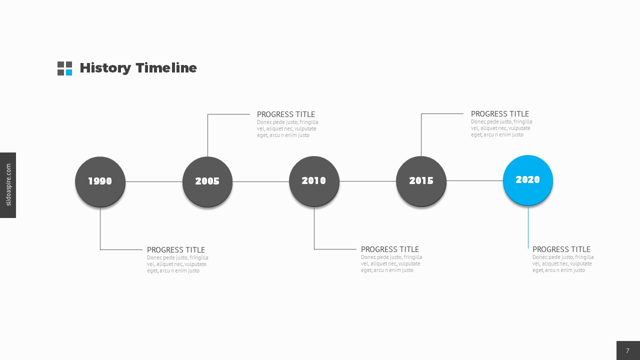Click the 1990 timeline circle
tap(100, 181)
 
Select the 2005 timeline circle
tap(207, 181)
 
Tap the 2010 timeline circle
tap(314, 181)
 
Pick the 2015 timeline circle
tap(421, 181)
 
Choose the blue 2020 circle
tap(528, 180)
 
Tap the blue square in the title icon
tap(68, 72)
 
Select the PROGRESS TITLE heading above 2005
tap(286, 114)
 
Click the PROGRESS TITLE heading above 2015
tap(500, 114)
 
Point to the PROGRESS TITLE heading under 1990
tap(176, 250)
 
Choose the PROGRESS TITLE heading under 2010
tap(390, 249)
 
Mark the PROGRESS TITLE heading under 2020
tap(561, 249)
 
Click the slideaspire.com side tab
tap(8, 185)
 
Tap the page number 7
tap(628, 350)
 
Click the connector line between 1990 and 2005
tap(154, 181)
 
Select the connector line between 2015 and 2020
tap(474, 180)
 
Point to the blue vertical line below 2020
tap(528, 227)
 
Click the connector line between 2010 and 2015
tap(367, 181)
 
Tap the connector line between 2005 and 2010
tap(260, 181)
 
